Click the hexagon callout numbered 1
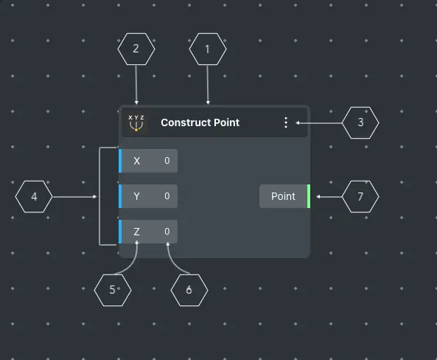pos(208,49)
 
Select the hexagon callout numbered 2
pos(136,49)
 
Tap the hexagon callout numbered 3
pos(360,122)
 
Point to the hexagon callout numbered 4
pos(34,197)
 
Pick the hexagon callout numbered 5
pos(113,290)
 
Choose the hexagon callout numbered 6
pos(189,290)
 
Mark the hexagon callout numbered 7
pos(360,197)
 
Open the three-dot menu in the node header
pos(286,122)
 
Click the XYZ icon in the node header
pos(136,122)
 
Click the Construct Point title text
pos(200,122)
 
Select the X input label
pos(136,161)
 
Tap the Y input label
pos(136,196)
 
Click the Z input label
pos(136,232)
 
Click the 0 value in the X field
pos(167,161)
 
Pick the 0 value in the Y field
pos(167,196)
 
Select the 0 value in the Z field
pos(167,232)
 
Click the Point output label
pos(283,196)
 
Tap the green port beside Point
pos(309,196)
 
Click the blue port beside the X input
pos(120,161)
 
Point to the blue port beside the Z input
pos(120,232)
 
